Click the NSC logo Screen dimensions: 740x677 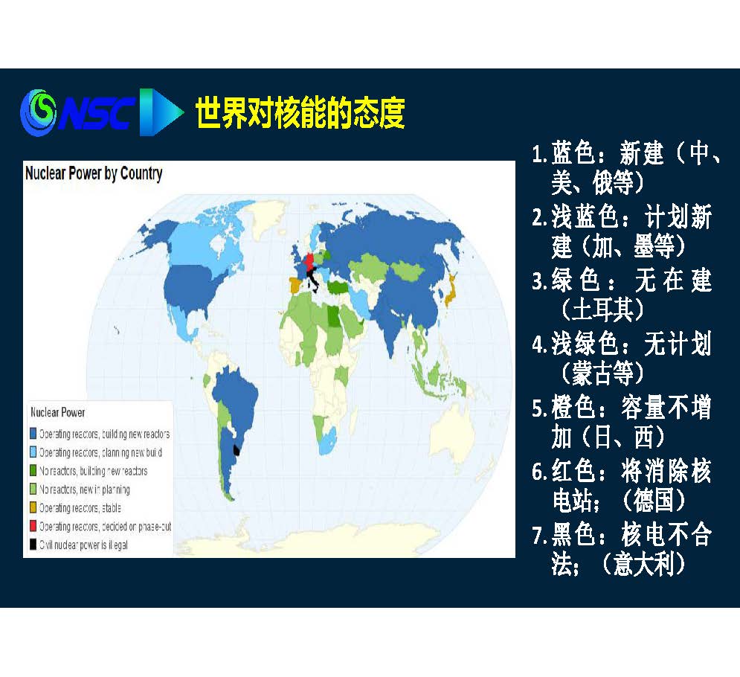101,112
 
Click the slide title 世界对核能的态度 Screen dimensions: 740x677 300,113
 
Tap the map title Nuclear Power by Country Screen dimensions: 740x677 94,173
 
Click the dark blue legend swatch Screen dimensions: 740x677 33,434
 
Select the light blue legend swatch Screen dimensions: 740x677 33,452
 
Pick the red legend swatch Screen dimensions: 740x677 33,526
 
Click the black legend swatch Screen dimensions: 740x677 33,545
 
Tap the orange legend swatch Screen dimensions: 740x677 33,507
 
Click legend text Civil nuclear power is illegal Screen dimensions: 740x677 83,545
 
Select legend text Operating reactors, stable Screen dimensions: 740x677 80,507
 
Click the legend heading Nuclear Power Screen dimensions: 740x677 57,412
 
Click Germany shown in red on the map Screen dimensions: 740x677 309,260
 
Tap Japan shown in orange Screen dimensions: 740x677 450,289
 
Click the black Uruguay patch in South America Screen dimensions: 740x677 237,450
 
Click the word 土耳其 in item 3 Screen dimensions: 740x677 602,310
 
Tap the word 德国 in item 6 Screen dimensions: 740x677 654,501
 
